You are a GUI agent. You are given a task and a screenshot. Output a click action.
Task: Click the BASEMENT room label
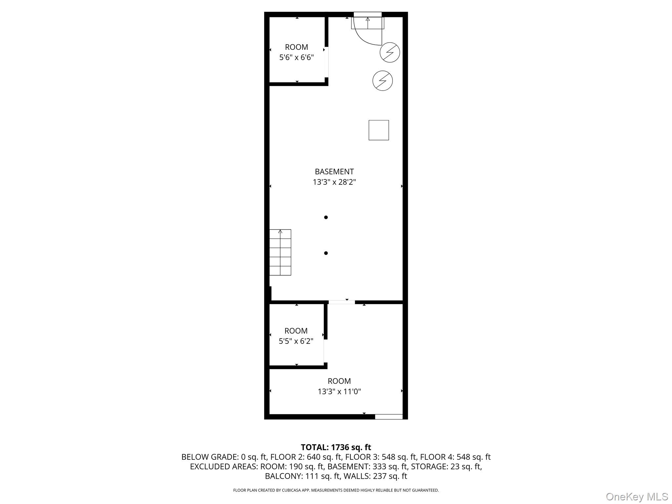334,171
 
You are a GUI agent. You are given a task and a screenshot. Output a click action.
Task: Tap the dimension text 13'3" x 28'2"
334,182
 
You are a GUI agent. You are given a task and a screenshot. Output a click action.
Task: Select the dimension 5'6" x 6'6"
296,57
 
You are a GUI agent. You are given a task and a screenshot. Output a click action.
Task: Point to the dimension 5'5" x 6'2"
296,341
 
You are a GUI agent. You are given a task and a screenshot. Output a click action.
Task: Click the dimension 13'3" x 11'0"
339,391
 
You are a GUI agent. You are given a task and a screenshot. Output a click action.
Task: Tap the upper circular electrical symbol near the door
389,52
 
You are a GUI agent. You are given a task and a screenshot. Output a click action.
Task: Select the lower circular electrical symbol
383,81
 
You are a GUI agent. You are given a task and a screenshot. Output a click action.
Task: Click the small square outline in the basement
379,130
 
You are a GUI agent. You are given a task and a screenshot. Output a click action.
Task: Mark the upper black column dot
326,217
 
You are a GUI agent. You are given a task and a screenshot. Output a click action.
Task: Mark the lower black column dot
326,253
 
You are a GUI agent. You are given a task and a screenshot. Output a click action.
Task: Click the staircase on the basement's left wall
280,252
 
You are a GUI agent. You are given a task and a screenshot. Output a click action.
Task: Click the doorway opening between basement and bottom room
342,302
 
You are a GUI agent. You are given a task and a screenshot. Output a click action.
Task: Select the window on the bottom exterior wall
388,417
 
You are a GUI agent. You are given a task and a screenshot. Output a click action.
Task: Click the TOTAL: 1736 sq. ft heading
336,447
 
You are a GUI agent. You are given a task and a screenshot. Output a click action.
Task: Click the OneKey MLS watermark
637,496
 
